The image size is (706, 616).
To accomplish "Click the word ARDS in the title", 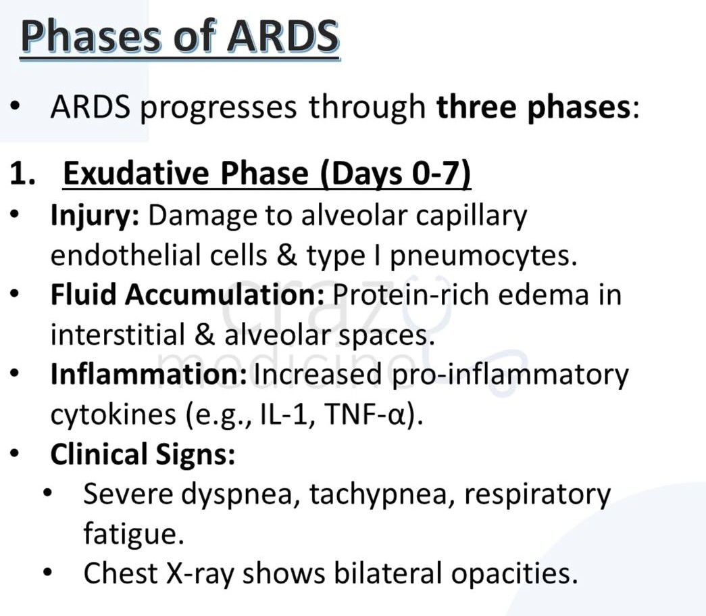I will point(282,37).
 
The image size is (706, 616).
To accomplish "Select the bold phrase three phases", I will point(533,108).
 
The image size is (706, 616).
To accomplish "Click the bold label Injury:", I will point(95,216).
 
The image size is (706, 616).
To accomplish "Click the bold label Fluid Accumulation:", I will point(188,295).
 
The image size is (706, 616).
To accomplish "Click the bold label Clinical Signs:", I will point(143,454).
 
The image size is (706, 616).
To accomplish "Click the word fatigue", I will point(133,534).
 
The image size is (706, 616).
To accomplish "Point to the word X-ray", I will point(201,573).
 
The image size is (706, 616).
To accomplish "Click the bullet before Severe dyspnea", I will point(48,494).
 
